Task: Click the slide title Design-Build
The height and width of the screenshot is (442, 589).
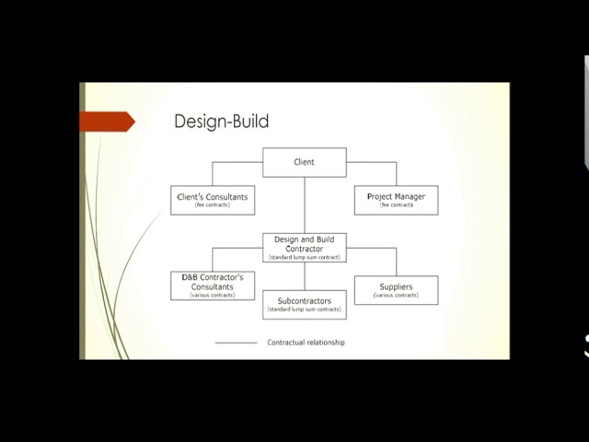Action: (221, 122)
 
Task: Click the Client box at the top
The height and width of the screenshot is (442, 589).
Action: (305, 162)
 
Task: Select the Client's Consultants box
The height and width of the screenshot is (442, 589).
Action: (213, 200)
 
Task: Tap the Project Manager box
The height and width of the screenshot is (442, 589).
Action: (396, 200)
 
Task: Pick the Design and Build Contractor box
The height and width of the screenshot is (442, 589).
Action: (305, 248)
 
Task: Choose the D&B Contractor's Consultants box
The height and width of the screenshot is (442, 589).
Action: (213, 285)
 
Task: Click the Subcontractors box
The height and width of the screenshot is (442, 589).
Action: (305, 304)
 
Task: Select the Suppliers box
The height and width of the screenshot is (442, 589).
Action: (396, 290)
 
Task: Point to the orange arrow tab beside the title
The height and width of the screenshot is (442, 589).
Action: (107, 122)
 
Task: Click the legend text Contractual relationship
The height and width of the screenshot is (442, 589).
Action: (306, 343)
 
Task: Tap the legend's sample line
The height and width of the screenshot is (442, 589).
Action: (237, 343)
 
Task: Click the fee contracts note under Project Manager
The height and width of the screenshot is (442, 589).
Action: (396, 205)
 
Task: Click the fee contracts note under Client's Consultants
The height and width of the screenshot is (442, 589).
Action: (213, 205)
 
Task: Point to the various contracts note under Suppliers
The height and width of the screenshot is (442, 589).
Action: (396, 296)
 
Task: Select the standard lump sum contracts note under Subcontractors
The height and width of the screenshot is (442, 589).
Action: (305, 310)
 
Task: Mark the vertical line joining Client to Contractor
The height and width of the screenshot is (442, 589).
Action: (305, 204)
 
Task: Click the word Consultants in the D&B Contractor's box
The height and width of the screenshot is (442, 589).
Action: (213, 286)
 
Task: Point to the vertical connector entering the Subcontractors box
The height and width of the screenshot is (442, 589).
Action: (305, 276)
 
